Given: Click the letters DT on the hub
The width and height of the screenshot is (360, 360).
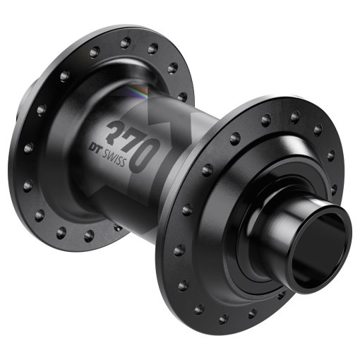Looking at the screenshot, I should point(97,146).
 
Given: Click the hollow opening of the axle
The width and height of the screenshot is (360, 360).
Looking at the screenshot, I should point(327,250).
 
